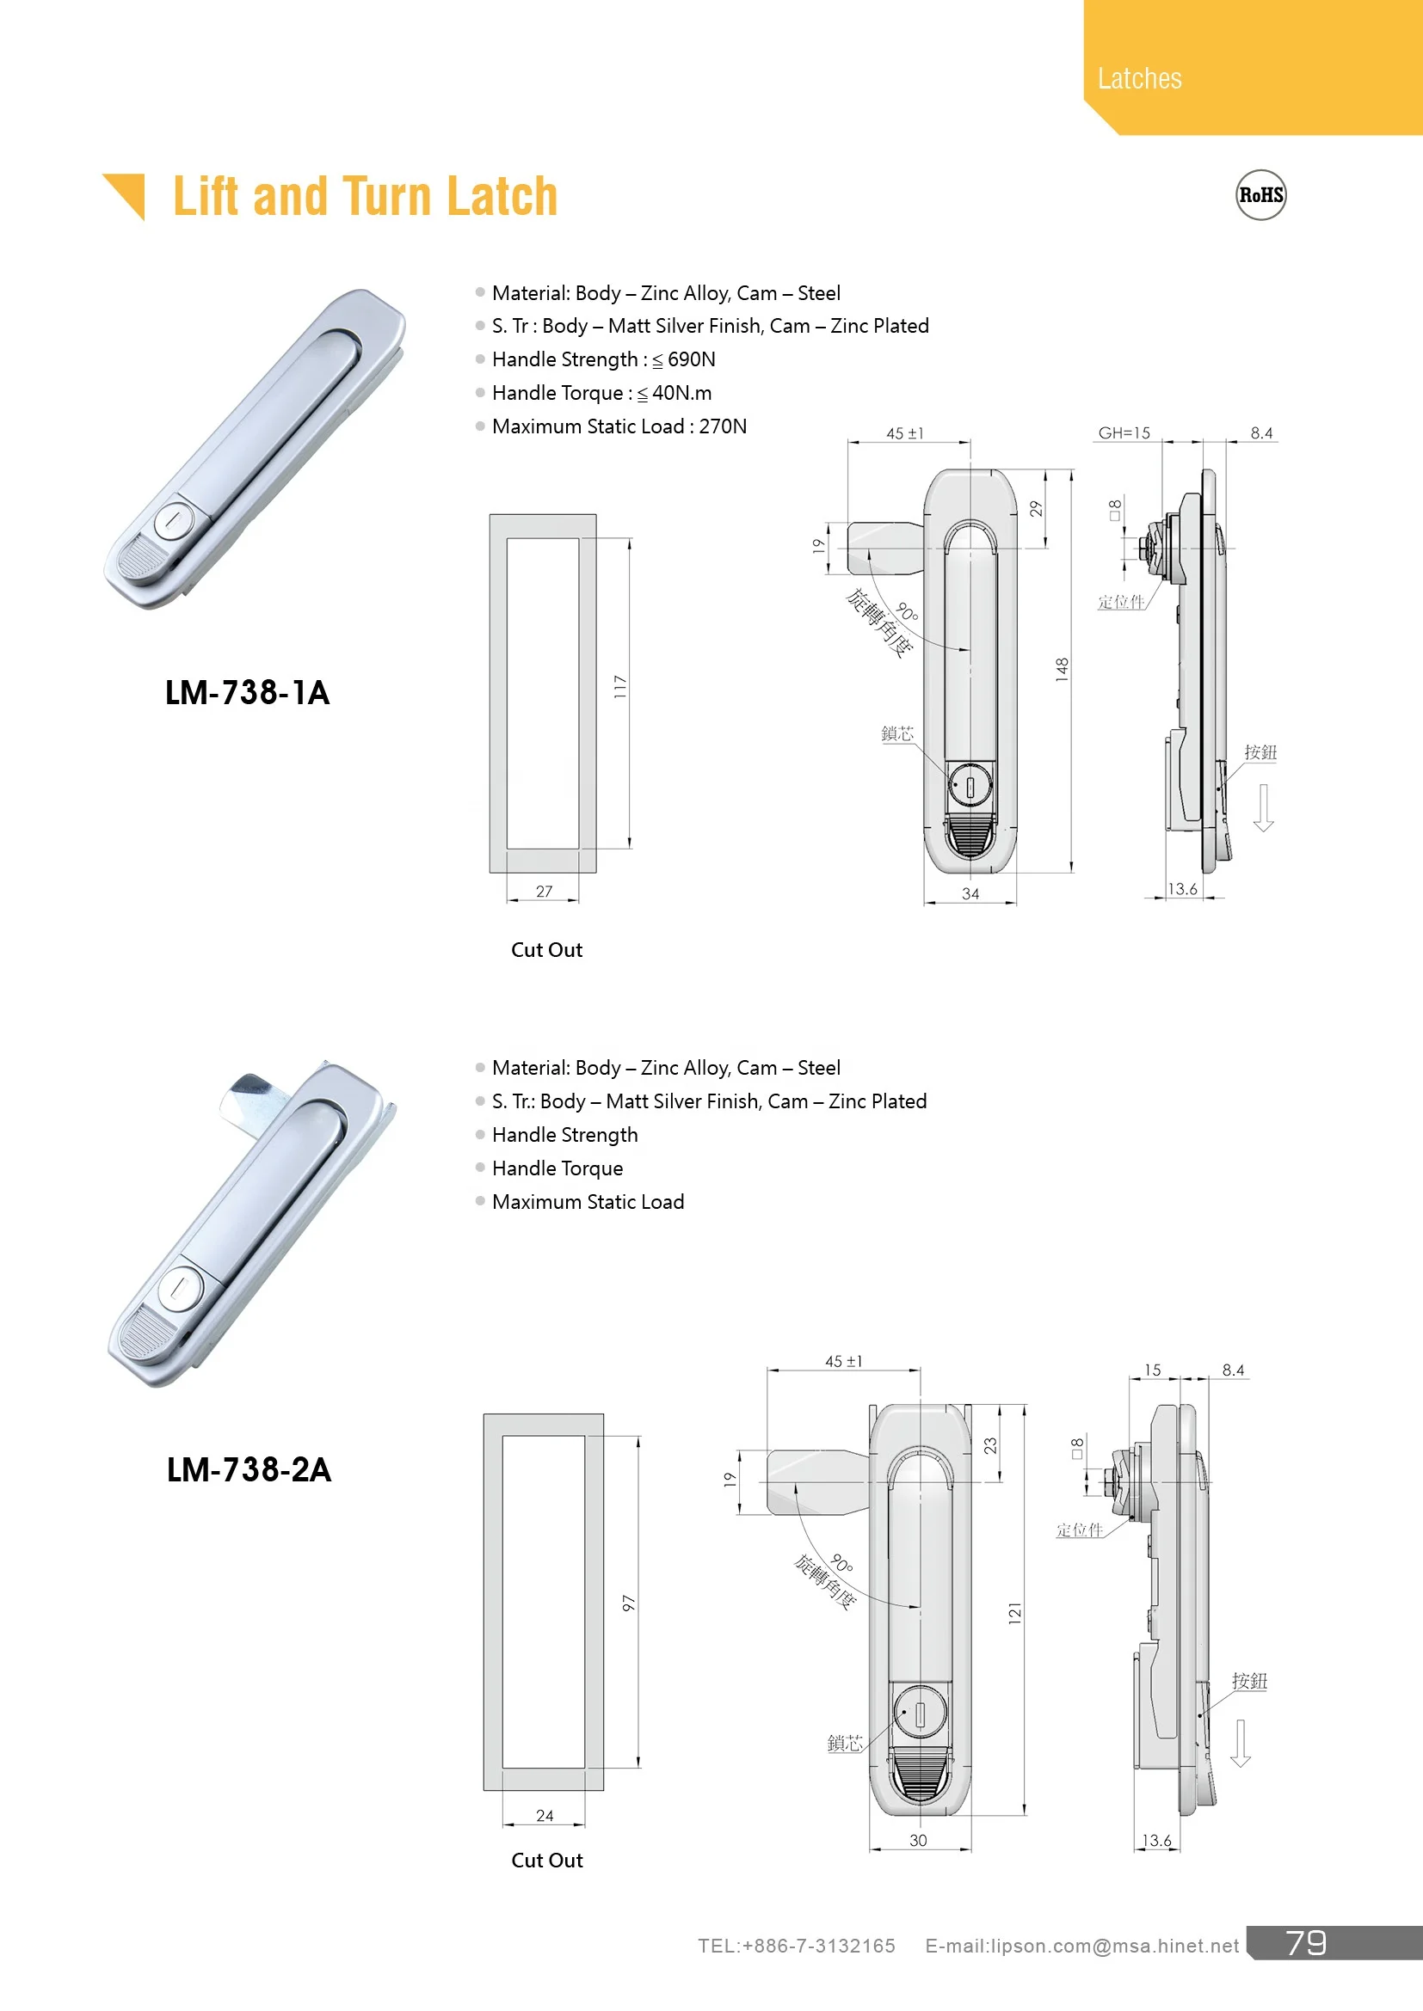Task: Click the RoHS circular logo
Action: (x=1260, y=195)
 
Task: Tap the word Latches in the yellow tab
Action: (x=1139, y=79)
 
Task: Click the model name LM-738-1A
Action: (x=247, y=693)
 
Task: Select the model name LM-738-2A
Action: (x=249, y=1469)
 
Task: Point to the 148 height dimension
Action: (x=1062, y=669)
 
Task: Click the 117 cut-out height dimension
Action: (x=620, y=686)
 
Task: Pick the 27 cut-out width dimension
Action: (x=544, y=891)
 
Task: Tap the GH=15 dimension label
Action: (x=1124, y=432)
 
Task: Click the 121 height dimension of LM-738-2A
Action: (x=1014, y=1613)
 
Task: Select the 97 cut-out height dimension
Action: (x=628, y=1603)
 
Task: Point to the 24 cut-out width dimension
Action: (x=544, y=1816)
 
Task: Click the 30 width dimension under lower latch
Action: (x=917, y=1840)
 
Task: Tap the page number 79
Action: (x=1306, y=1943)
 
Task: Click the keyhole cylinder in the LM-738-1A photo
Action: (x=174, y=520)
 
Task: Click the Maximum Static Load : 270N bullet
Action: (x=619, y=426)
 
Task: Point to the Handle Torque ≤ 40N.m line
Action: (x=601, y=393)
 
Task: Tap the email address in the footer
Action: (x=1081, y=1946)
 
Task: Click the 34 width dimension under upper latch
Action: (x=970, y=893)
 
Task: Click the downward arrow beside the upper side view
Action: (x=1263, y=806)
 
